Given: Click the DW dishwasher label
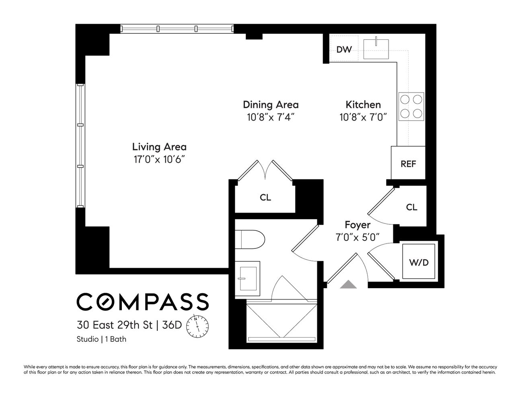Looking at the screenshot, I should point(344,49).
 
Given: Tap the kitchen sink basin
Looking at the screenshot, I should point(376,49).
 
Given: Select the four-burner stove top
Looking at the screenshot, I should point(411,107).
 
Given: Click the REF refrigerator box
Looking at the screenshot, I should point(408,164).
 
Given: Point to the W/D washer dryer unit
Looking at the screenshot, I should point(419,263).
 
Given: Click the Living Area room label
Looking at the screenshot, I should point(159,147).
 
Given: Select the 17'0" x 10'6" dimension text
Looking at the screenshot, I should point(159,160).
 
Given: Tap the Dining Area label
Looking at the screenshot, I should point(271,105).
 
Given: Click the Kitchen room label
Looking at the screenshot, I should point(363,105).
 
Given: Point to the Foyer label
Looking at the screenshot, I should point(358,225).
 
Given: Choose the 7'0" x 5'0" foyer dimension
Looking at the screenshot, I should point(358,237).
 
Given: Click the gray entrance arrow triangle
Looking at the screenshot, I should point(348,285).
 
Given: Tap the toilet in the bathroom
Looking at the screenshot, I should point(250,240).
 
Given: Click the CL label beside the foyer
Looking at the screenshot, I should point(411,207).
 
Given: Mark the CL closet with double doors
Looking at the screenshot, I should point(265,197).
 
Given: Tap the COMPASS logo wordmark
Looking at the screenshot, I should point(142,302).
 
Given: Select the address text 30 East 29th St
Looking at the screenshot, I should point(115,324).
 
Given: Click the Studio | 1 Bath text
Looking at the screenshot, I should point(101,339).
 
